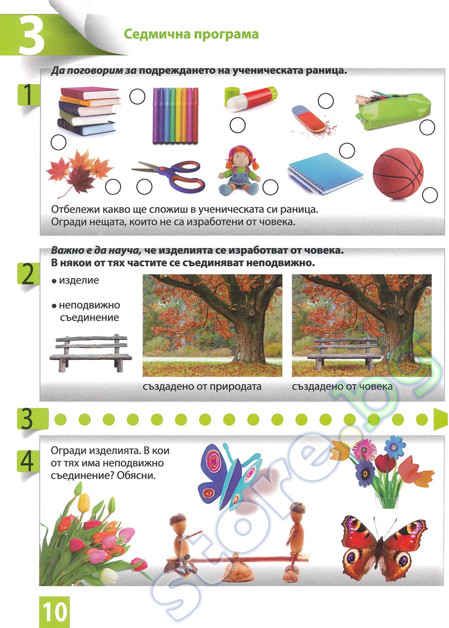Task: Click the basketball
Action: click(398, 173)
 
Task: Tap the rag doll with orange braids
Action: click(239, 171)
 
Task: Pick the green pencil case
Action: click(393, 111)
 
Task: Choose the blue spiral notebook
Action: click(326, 174)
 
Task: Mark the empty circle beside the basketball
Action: click(429, 195)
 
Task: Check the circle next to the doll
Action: click(270, 187)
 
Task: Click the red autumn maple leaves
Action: click(79, 172)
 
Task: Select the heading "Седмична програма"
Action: click(191, 34)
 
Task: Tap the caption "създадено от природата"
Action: click(202, 386)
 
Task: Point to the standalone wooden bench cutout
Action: click(90, 353)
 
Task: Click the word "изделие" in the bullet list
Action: click(79, 280)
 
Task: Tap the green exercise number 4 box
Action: click(28, 461)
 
